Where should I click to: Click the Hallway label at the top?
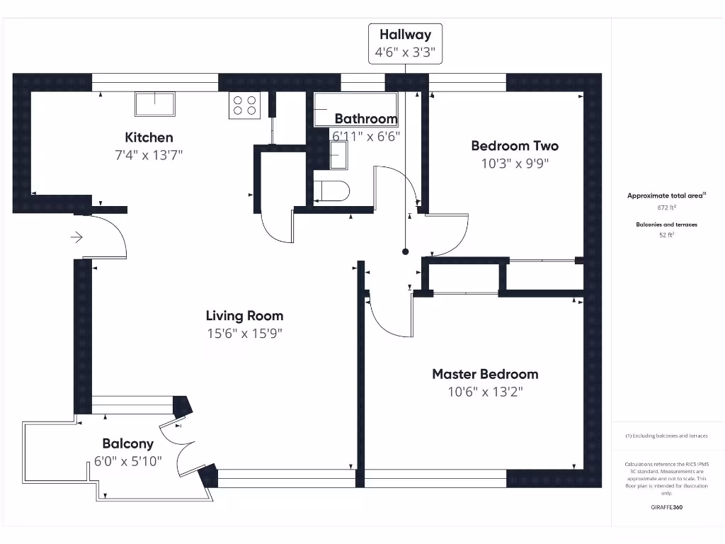pos(405,34)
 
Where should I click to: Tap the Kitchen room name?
pos(149,137)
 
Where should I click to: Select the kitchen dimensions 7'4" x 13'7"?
pos(149,155)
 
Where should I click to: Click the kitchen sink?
pos(155,103)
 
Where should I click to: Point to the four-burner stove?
pos(244,106)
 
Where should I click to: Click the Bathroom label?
pos(366,118)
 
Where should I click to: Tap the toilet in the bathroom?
pos(332,191)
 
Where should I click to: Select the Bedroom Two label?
pos(515,146)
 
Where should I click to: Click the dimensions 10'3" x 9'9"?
pos(515,164)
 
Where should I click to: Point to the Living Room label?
pos(244,316)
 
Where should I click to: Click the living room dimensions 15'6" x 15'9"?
pos(244,334)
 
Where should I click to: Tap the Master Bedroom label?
pos(485,374)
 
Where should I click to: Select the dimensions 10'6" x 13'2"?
pos(485,392)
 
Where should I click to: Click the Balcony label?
pos(127,444)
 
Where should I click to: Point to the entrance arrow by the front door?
pos(77,237)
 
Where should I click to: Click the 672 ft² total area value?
pos(666,208)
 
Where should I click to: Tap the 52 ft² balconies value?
pos(666,235)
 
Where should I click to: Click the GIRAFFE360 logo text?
pos(666,507)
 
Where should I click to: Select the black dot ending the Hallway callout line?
pos(406,251)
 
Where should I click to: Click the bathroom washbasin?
pos(339,154)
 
